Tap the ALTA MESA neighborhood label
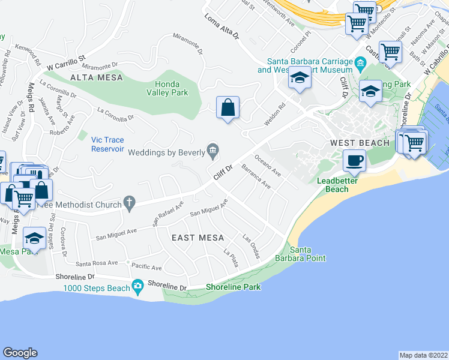click(96, 77)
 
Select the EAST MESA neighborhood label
click(193, 238)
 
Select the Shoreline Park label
click(234, 287)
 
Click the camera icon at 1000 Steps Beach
click(139, 284)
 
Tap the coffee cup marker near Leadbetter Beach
click(354, 160)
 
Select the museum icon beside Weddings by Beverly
click(212, 149)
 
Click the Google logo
click(20, 353)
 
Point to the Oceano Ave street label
click(268, 166)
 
